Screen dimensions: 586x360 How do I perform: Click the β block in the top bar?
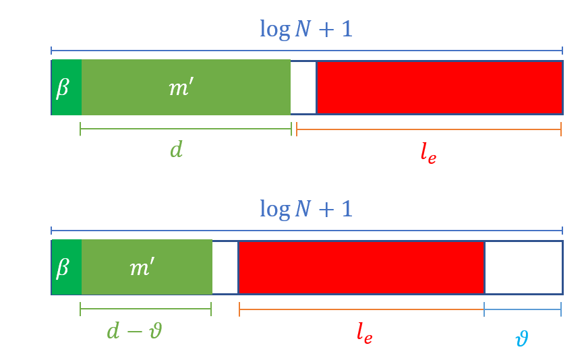click(x=66, y=87)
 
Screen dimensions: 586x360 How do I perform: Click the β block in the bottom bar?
click(x=66, y=268)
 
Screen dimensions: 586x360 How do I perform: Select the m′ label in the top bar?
click(x=181, y=87)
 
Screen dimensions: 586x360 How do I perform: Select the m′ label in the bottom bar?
click(x=142, y=268)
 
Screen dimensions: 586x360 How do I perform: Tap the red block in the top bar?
click(x=439, y=87)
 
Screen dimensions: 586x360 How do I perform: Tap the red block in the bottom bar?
click(x=361, y=268)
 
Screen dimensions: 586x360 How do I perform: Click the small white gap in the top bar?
click(x=303, y=87)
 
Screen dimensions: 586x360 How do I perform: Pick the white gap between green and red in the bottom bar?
click(x=225, y=268)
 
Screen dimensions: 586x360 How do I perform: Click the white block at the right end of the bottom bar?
click(x=523, y=268)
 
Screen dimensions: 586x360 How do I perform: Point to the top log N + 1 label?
click(x=306, y=30)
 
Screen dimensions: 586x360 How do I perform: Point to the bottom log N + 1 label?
click(x=306, y=209)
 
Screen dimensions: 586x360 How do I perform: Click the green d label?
click(x=176, y=150)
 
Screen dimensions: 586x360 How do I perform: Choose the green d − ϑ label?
click(x=134, y=331)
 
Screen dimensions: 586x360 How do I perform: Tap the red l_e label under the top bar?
click(x=428, y=153)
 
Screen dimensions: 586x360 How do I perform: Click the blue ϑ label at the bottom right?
click(x=521, y=337)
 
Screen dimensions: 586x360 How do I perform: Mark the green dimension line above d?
click(x=185, y=129)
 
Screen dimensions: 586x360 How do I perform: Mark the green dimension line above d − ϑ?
click(x=146, y=309)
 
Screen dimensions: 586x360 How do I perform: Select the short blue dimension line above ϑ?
click(x=523, y=309)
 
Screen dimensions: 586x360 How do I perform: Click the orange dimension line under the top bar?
click(x=429, y=129)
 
